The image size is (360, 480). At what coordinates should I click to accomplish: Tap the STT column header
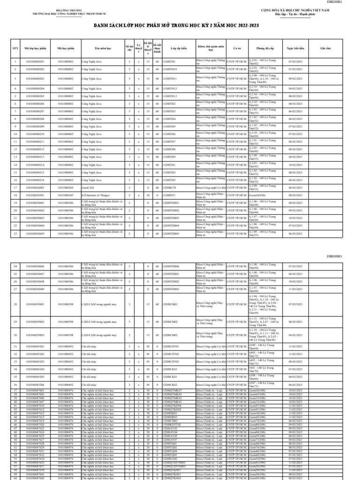pos(15,48)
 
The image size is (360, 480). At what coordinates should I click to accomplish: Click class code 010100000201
pos(35,61)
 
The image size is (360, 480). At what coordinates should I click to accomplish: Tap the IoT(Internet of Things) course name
pos(97,195)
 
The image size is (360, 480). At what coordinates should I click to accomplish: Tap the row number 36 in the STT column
pos(15,385)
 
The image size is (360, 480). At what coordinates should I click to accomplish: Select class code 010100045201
pos(35,346)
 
